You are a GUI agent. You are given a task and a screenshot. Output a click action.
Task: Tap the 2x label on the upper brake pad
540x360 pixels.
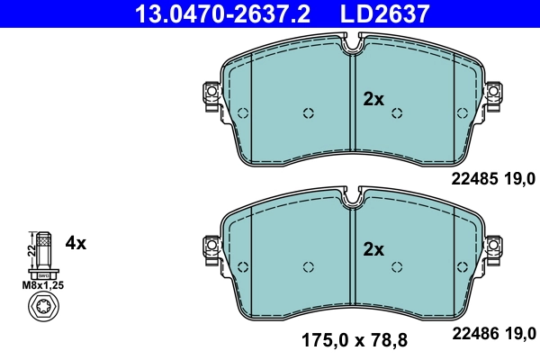(373, 99)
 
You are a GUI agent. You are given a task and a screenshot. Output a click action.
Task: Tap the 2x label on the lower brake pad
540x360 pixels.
(373, 248)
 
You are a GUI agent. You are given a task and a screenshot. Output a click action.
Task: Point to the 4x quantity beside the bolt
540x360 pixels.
(76, 242)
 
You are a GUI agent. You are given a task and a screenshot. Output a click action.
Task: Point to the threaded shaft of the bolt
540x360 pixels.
(40, 247)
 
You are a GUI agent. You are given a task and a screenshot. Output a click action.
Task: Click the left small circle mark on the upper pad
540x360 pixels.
(308, 113)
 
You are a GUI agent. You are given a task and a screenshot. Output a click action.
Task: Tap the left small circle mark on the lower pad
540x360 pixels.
(308, 265)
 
